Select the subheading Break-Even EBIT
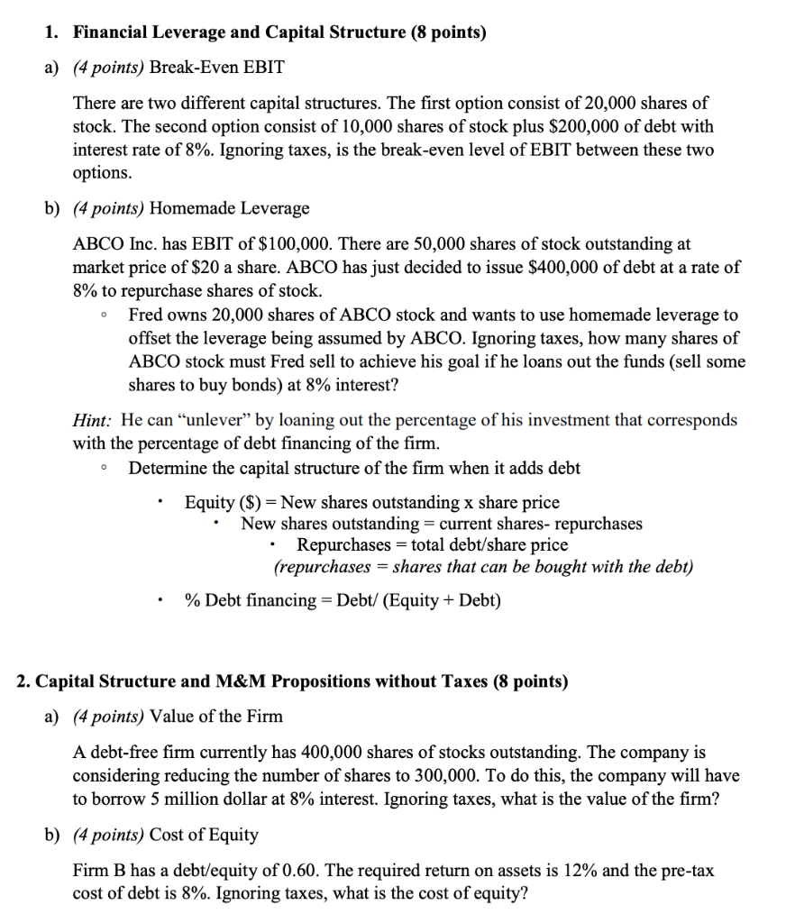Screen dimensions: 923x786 [x=216, y=68]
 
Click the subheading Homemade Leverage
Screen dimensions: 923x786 [x=229, y=208]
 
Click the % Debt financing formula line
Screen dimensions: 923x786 [x=343, y=600]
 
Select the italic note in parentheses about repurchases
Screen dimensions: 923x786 [x=483, y=568]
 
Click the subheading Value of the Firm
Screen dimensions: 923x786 [x=216, y=717]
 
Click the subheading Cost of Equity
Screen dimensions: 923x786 [x=204, y=835]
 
